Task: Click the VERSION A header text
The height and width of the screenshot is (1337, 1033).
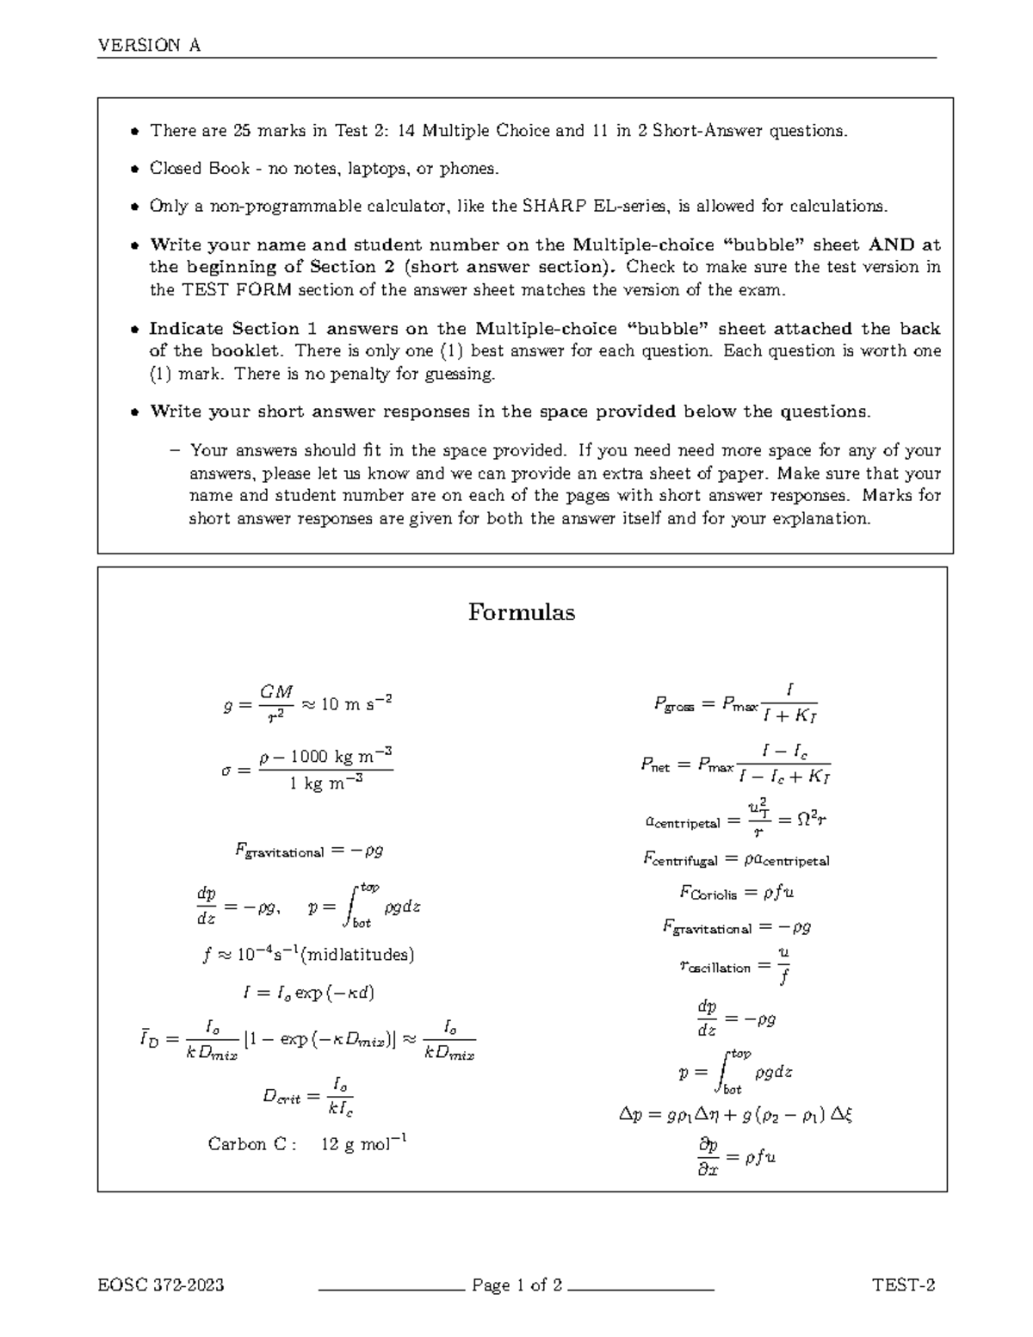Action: coord(150,46)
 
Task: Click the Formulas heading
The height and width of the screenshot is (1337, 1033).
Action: coord(522,612)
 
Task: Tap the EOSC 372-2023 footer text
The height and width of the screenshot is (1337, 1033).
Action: coord(161,1285)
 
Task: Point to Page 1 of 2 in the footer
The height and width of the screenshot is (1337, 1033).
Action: coord(516,1285)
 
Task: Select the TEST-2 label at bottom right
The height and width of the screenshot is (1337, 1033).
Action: coord(903,1285)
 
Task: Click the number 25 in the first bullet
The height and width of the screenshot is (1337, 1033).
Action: coord(242,131)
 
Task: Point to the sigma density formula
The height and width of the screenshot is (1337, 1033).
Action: coord(307,769)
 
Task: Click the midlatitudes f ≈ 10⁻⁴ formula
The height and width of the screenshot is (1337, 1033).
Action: coord(308,955)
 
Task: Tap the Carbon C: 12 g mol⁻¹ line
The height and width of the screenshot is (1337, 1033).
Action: coord(307,1144)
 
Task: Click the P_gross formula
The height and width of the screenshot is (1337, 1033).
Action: coord(735,703)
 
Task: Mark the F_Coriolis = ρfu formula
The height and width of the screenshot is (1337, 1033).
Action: coord(736,893)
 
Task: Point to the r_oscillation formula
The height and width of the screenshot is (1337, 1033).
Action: coord(736,966)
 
